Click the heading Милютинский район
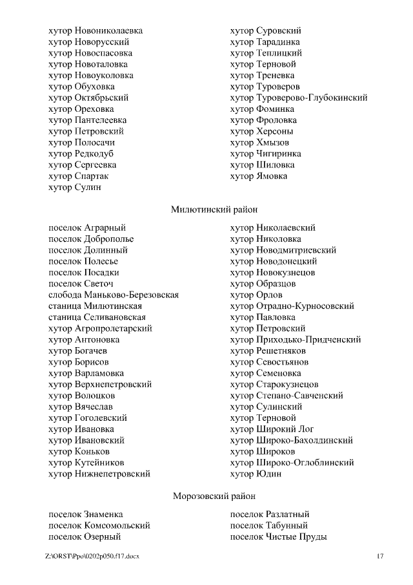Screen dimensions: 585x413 point(214,209)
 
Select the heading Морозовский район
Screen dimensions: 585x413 point(214,496)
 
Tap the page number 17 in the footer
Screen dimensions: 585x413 point(380,556)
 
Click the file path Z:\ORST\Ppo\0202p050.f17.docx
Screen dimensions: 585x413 point(92,556)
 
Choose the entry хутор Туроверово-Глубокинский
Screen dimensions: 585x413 point(299,98)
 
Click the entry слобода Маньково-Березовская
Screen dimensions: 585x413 point(114,295)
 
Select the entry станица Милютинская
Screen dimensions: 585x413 point(95,306)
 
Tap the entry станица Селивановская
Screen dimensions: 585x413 point(97,317)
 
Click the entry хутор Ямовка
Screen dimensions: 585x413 point(259,176)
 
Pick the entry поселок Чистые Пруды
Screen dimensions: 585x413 point(278,537)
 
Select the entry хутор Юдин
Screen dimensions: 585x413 point(256,474)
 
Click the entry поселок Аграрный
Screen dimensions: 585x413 point(87,228)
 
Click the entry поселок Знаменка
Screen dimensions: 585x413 point(86,515)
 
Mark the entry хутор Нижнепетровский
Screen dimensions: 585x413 point(99,474)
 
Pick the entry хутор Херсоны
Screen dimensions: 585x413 point(261,132)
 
